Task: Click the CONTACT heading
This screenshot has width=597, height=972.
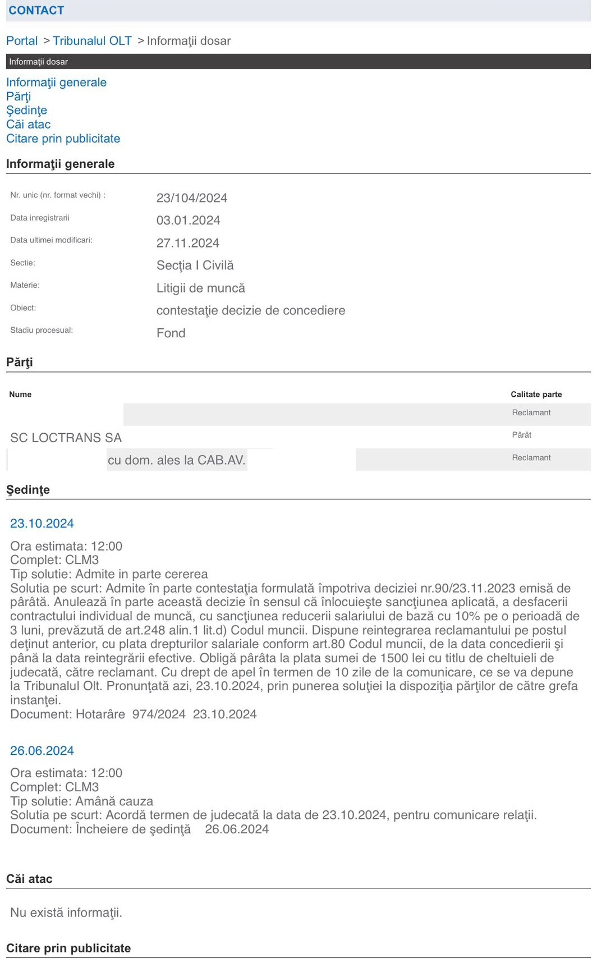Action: tap(36, 10)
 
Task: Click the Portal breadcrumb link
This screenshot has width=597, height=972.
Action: tap(22, 41)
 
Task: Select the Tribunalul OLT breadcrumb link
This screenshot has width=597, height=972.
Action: tap(92, 41)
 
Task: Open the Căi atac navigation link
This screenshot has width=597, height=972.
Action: tap(29, 125)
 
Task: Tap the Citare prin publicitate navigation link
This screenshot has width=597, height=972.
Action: tap(63, 139)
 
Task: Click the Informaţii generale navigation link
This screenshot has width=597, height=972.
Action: tap(56, 82)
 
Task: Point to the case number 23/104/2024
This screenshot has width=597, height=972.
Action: tap(192, 198)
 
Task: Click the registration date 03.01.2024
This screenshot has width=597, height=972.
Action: tap(188, 221)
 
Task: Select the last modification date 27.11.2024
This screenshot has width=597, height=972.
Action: tap(188, 243)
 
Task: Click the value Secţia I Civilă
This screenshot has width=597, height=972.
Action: tap(195, 265)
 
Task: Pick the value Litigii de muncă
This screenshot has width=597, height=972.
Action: tap(201, 288)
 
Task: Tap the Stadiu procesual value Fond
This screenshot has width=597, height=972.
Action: tap(171, 333)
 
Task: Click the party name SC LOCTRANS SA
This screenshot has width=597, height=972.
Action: tap(66, 438)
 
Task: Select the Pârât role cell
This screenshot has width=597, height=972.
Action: tap(521, 435)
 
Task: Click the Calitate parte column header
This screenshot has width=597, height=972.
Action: tap(536, 395)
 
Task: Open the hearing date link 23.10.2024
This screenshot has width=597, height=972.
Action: tap(42, 524)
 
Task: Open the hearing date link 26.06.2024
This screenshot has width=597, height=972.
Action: tap(42, 751)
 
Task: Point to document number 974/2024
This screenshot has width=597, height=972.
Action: tap(159, 714)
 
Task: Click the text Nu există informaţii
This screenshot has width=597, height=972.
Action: tap(66, 913)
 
